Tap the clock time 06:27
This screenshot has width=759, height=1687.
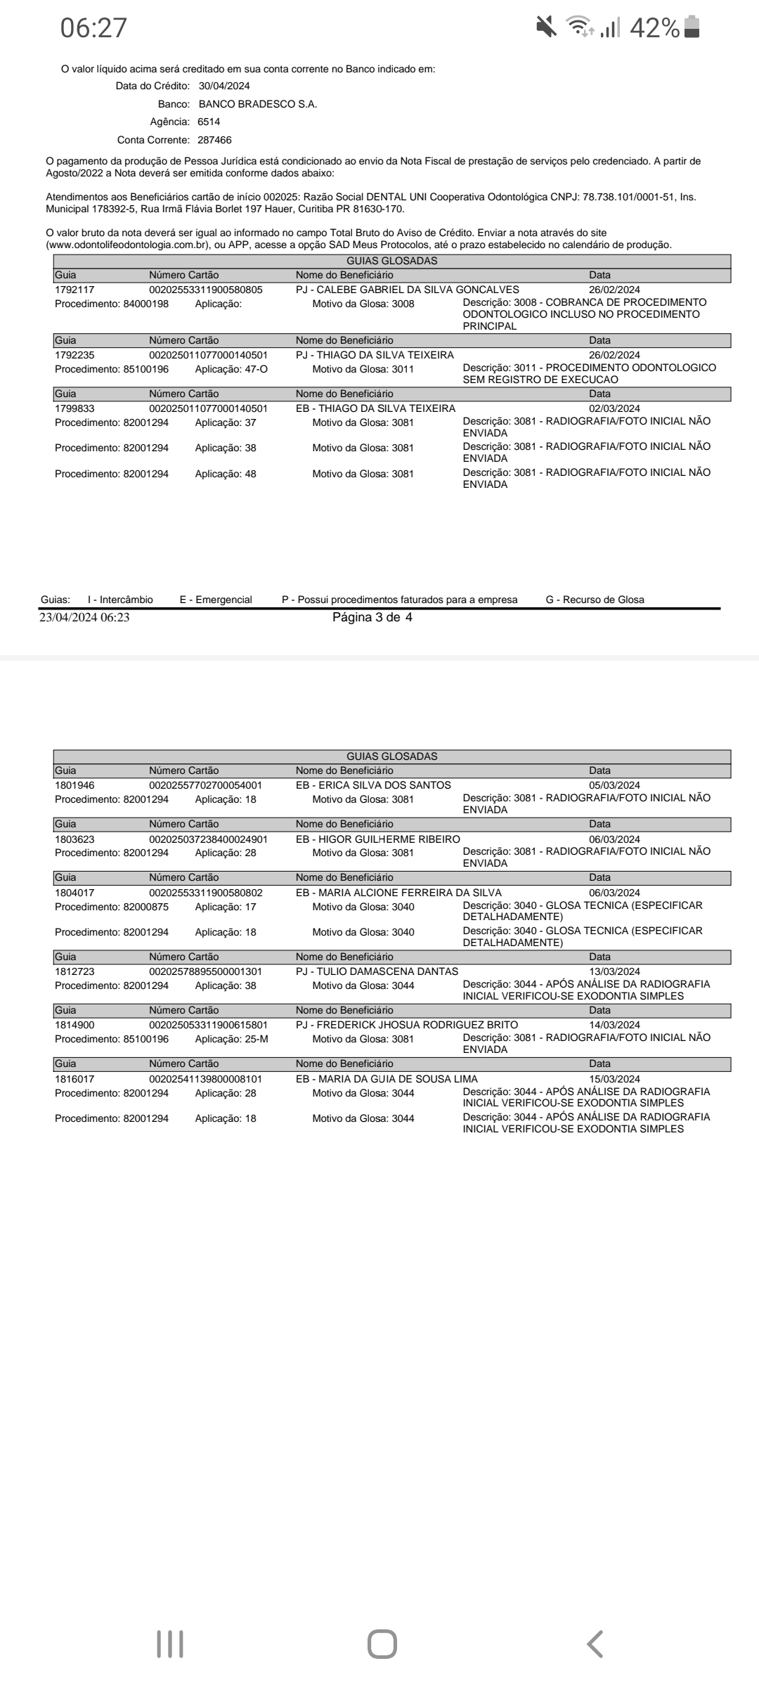(x=93, y=28)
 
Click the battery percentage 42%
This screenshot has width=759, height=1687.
(x=654, y=28)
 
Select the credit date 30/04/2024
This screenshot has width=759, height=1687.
(x=224, y=86)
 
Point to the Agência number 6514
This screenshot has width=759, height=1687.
(x=209, y=122)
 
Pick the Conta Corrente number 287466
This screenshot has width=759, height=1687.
(x=214, y=140)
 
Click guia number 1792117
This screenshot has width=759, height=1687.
(x=74, y=290)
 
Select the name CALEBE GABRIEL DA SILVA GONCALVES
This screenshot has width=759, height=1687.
(x=418, y=290)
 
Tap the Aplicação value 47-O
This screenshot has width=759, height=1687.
(x=254, y=369)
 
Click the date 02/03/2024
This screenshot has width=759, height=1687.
(x=614, y=408)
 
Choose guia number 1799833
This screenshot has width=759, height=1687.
(x=74, y=408)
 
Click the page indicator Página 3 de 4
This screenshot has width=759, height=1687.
(x=372, y=619)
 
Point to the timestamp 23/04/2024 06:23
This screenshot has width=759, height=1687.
(x=84, y=619)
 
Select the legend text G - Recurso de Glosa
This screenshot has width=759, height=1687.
(x=595, y=600)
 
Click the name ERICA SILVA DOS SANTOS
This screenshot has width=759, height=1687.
(x=384, y=785)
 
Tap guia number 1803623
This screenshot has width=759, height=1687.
(x=74, y=839)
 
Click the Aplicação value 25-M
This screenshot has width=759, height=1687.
(x=254, y=1039)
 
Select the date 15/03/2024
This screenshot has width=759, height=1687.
(x=614, y=1079)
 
